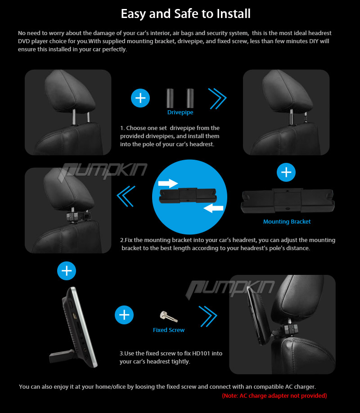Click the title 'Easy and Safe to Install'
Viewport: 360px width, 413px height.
tap(185, 13)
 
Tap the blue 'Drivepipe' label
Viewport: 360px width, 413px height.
tap(180, 112)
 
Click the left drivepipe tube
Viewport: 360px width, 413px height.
tap(170, 98)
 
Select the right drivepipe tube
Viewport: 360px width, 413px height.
tap(190, 98)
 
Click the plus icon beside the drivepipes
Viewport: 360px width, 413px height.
tap(140, 98)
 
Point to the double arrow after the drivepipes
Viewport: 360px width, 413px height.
tap(217, 99)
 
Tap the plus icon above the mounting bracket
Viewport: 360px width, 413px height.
tap(286, 172)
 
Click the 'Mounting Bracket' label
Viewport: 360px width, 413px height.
tap(287, 222)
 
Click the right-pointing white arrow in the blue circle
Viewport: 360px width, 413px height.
tap(168, 183)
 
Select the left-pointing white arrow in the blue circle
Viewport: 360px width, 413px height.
tap(213, 208)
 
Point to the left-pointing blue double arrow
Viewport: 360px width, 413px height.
tap(126, 196)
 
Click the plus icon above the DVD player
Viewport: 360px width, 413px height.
tap(67, 271)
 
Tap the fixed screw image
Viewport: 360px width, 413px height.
tap(168, 316)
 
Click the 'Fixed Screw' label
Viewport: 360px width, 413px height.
tap(169, 330)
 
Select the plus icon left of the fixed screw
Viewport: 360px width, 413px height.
tap(124, 315)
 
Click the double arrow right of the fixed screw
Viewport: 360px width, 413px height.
tap(208, 316)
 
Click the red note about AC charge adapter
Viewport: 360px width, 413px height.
tap(274, 395)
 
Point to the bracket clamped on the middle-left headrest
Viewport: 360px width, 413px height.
tap(79, 215)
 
